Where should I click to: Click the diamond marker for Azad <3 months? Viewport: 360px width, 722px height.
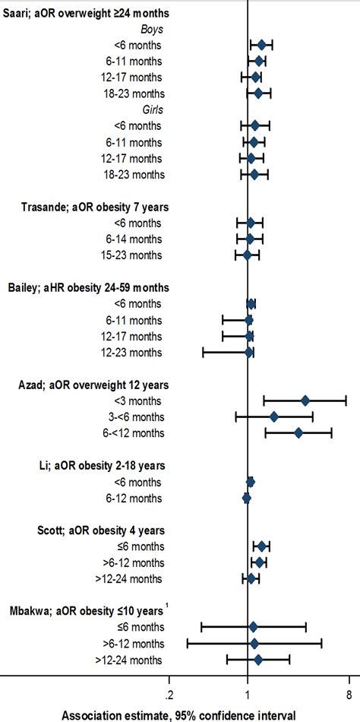(305, 401)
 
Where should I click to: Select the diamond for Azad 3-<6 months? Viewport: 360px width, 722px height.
(274, 416)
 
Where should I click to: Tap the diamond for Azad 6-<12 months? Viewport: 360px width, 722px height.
(298, 432)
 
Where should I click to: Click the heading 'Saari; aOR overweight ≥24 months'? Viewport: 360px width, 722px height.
(87, 14)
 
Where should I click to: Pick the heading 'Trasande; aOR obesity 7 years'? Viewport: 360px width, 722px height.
(93, 206)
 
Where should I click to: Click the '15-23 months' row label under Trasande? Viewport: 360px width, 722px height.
(133, 255)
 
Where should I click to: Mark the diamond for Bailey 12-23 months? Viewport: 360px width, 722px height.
(248, 352)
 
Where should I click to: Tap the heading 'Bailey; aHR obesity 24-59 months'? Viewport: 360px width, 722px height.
(93, 287)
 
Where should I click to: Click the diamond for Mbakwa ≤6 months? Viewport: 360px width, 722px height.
(253, 626)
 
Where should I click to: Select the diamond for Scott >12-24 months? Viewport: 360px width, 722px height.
(251, 578)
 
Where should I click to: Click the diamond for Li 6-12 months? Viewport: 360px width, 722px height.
(246, 498)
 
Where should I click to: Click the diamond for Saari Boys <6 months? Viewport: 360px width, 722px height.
(261, 46)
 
